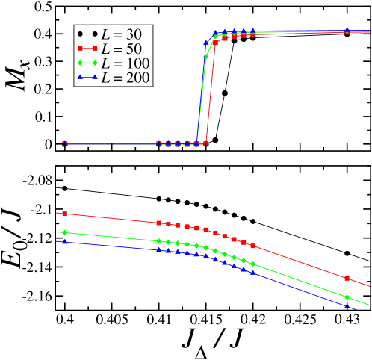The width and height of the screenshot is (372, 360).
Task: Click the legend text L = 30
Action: coord(124,34)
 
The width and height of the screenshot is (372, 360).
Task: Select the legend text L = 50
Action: coord(124,49)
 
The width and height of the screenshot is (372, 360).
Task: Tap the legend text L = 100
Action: coord(127,63)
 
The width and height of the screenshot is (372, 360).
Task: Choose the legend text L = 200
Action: coord(127,77)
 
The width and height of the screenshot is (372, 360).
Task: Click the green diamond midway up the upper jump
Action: coord(206,57)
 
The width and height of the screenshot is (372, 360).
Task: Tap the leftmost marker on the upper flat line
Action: coord(65,143)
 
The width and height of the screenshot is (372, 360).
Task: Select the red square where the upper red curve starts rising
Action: coord(206,143)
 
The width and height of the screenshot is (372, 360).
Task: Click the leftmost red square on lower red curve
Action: coord(65,214)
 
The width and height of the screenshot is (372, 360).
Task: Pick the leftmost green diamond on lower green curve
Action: coord(65,232)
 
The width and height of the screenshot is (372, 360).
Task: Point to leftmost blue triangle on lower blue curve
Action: coord(65,242)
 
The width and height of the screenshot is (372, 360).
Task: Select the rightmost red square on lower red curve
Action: coord(347,278)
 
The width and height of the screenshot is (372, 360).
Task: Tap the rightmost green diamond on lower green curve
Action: coord(347,297)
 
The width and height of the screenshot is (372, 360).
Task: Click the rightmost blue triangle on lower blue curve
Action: coord(347,307)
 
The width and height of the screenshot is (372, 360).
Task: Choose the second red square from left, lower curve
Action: coord(159,223)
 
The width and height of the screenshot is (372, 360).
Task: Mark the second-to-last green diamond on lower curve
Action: coord(253,264)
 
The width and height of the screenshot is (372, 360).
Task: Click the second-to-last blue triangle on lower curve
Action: coord(253,273)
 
